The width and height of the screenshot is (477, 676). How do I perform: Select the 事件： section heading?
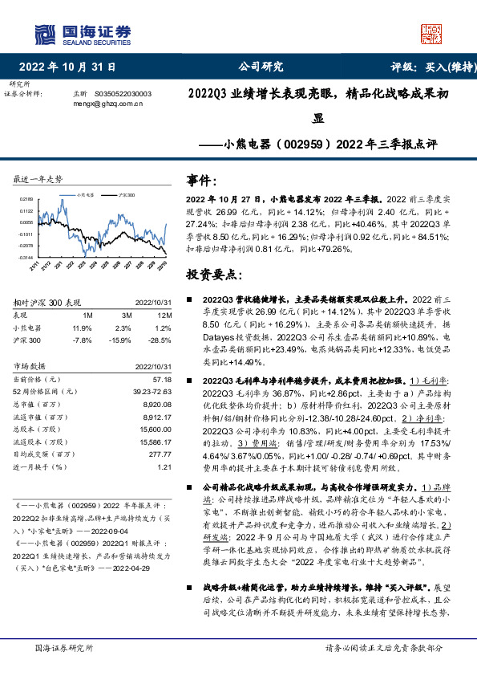201,181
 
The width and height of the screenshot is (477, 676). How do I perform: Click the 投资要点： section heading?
212,275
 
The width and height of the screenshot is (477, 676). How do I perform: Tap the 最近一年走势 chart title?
38,177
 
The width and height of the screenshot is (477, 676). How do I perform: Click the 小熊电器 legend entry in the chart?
85,194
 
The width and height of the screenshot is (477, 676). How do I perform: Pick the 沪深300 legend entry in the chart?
125,194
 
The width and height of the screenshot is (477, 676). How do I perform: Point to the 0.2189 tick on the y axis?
26,198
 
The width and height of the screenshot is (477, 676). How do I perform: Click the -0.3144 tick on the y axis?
26,257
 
